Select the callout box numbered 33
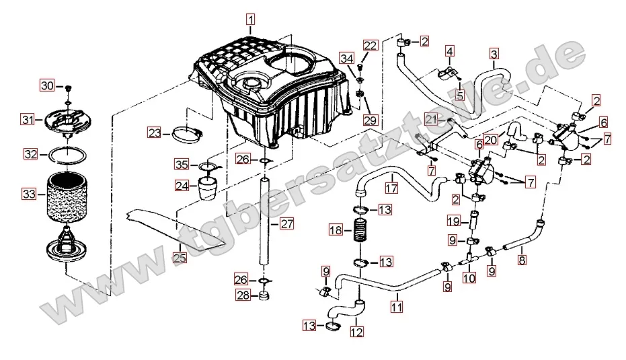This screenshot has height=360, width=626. pos(28,194)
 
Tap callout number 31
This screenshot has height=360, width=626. pos(27,120)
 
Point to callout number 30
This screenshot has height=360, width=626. pos(47,85)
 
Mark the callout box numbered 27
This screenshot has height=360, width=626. pos(287,224)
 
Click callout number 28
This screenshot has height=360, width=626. pos(243,294)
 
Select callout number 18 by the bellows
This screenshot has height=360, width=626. pos(336,230)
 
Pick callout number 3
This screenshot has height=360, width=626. pos(494,53)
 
